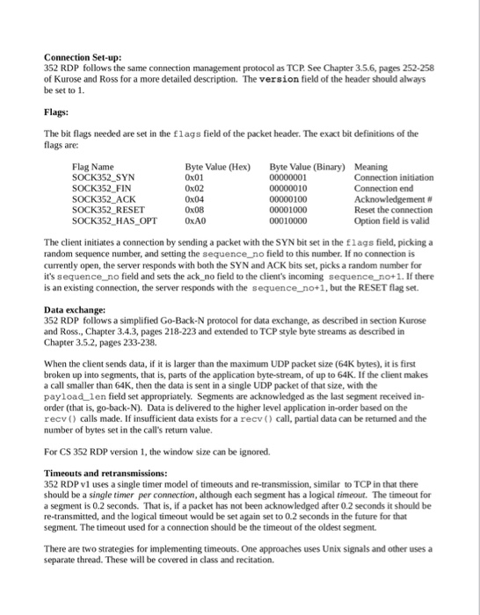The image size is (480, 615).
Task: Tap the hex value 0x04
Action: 194,199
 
